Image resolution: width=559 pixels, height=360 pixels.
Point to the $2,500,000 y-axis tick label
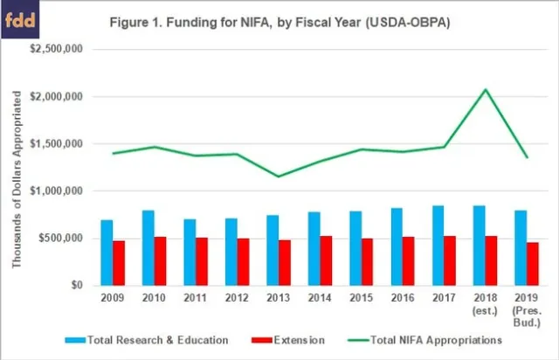click(57, 49)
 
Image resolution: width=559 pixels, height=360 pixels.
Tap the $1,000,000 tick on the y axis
click(57, 190)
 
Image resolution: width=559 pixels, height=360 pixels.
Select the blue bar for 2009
click(107, 253)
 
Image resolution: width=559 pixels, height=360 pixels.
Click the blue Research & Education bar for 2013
click(273, 250)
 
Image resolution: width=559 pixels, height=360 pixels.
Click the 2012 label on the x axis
click(238, 298)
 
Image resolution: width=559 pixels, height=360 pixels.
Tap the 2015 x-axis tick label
click(362, 298)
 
